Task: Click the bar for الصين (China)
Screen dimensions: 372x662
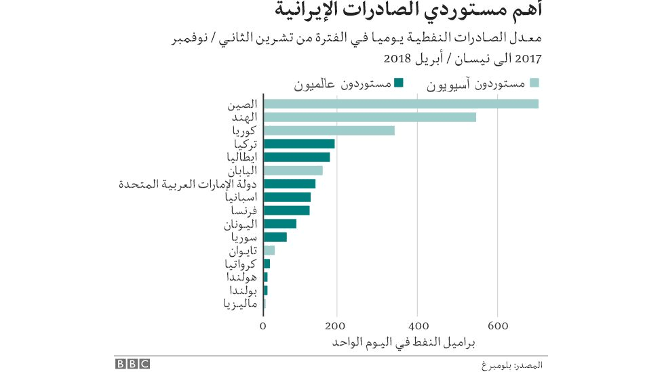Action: coord(400,104)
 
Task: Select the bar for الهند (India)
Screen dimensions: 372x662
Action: coord(370,117)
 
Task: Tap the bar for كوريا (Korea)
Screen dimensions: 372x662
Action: coord(329,131)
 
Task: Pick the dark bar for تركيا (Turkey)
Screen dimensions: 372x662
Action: coord(299,144)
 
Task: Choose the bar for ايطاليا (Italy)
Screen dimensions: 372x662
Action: coord(296,157)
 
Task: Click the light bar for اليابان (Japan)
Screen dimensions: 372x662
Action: coord(293,170)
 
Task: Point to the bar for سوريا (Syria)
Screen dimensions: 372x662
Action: coord(275,236)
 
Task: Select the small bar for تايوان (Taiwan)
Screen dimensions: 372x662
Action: coord(269,250)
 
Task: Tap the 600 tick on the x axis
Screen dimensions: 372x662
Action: coord(498,325)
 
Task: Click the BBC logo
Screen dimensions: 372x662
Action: coord(132,364)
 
